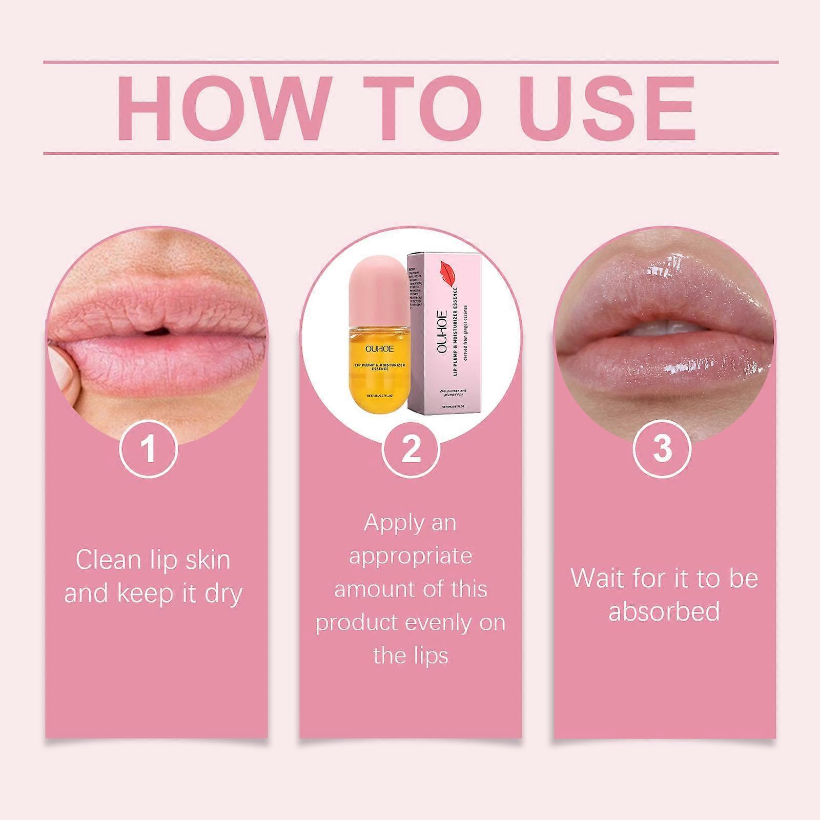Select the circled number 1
pos(149,448)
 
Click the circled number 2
pos(411,448)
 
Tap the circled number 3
pos(662,448)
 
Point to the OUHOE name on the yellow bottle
pos(380,349)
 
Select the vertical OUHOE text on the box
pos(442,328)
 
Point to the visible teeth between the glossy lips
pos(661,328)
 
